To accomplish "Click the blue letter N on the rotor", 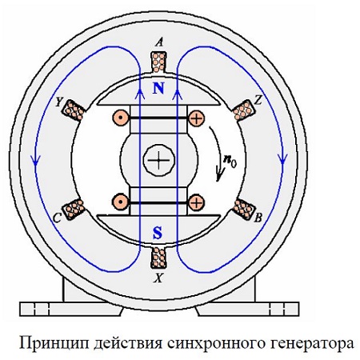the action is click(x=158, y=88).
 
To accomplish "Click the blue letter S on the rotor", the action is click(x=158, y=233).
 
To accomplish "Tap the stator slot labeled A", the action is click(x=158, y=62).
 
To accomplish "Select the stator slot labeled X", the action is click(x=158, y=258).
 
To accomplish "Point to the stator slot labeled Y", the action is click(x=74, y=110).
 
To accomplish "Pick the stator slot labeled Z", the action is click(x=243, y=110).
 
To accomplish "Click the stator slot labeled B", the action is click(x=244, y=209).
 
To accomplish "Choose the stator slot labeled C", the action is click(x=74, y=209).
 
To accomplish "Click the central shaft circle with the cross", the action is click(x=159, y=161).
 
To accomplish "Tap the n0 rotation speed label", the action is click(x=230, y=162).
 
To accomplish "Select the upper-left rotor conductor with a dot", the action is click(x=121, y=118).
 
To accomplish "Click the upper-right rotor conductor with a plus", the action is click(x=197, y=118).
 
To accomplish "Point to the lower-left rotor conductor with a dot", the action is click(x=121, y=202).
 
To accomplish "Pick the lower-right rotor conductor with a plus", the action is click(x=197, y=202).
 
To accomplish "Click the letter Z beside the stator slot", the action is click(x=258, y=101).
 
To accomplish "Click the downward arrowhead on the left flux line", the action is click(x=35, y=160).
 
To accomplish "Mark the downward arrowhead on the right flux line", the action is click(x=283, y=159).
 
